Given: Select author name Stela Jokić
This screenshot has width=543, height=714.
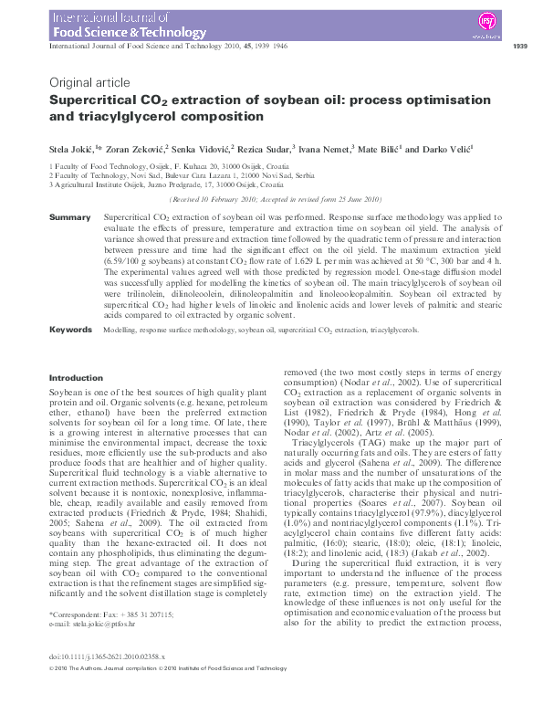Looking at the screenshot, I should [68, 148].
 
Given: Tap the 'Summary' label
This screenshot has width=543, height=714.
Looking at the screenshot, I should [69, 217].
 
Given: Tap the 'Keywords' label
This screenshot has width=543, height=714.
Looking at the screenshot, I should [71, 328].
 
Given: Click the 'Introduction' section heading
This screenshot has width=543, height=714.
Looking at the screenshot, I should [76, 377].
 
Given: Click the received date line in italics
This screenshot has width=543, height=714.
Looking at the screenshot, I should [270, 199].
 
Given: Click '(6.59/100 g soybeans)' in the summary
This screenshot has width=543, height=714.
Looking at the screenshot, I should [138, 260].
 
